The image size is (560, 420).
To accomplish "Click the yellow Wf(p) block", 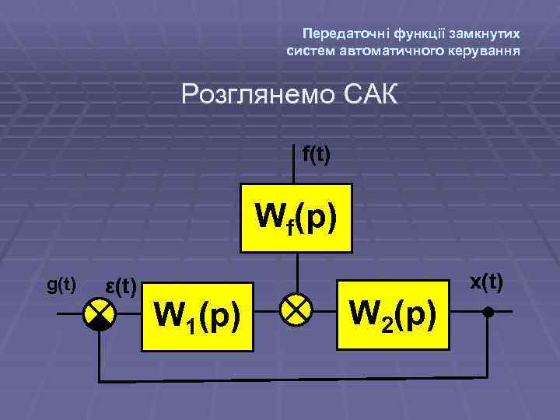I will tap(296, 219).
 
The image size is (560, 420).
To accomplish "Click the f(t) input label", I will tap(316, 155).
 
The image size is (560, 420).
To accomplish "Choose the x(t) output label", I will tap(487, 282).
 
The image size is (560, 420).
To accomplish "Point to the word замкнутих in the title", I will tap(488, 34).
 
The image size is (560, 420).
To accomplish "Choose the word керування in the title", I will tap(485, 51).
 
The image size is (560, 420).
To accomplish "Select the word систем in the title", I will tap(311, 51).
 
